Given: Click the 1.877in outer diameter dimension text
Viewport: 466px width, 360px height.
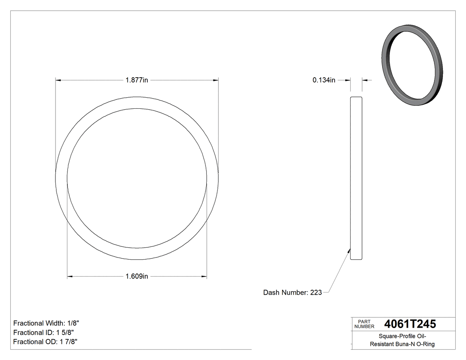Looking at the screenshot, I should pyautogui.click(x=137, y=80).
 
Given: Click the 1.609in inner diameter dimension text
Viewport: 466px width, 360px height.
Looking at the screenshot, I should pyautogui.click(x=137, y=277).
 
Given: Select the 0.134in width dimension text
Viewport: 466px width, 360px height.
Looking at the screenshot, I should pyautogui.click(x=324, y=80).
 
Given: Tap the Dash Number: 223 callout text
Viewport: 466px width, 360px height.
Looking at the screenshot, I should pyautogui.click(x=292, y=293).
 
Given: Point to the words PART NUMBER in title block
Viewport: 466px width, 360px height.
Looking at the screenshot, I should pyautogui.click(x=364, y=324).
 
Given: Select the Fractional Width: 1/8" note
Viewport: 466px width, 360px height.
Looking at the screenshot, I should pyautogui.click(x=46, y=323).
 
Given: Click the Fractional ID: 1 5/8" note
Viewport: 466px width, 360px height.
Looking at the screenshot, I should pyautogui.click(x=43, y=332).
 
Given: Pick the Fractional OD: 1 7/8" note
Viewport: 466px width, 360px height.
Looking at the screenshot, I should pyautogui.click(x=46, y=342).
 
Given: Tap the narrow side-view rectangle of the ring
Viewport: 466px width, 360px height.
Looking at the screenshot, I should pyautogui.click(x=356, y=178).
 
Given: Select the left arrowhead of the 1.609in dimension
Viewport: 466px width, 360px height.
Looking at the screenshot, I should pyautogui.click(x=70, y=277).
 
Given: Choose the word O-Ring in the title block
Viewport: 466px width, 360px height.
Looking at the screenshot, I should pyautogui.click(x=427, y=344).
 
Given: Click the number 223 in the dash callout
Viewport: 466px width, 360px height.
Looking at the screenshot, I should pyautogui.click(x=316, y=293).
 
